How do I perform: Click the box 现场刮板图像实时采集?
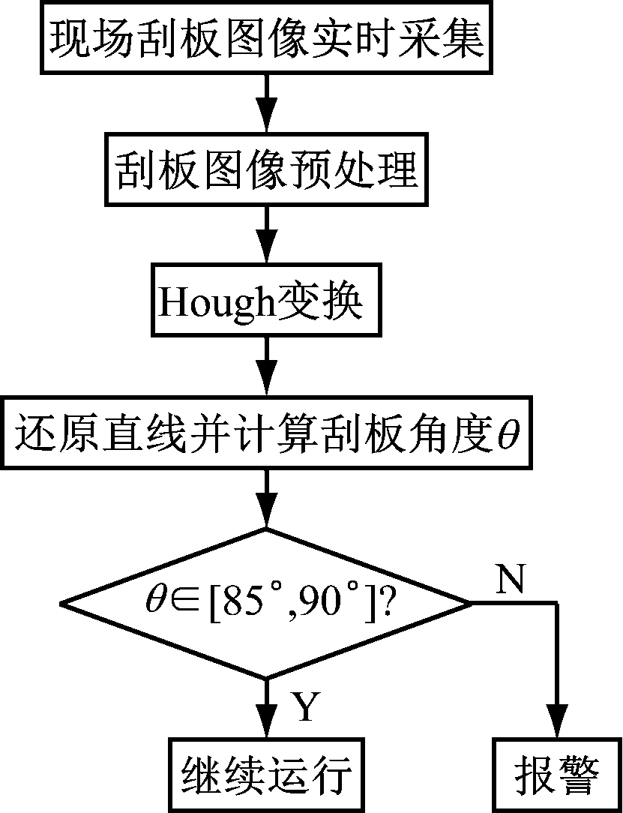[267, 38]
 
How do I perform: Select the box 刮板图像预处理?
[266, 171]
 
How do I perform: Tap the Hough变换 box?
[266, 304]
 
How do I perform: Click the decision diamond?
[266, 603]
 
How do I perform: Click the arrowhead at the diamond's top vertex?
[266, 514]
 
